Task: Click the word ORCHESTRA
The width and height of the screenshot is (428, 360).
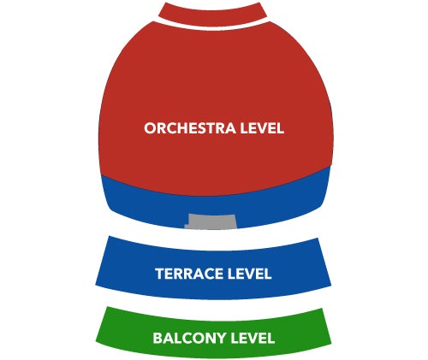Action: (x=190, y=128)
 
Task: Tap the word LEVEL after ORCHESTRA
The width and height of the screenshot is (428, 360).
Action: (x=262, y=128)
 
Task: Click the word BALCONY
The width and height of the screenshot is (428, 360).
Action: (x=189, y=338)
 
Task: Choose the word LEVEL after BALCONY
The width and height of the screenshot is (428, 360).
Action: (x=253, y=338)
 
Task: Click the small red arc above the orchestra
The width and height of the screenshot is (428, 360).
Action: (x=212, y=15)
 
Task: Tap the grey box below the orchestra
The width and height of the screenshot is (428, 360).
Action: (x=211, y=221)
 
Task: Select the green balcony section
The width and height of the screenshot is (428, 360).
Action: (x=213, y=333)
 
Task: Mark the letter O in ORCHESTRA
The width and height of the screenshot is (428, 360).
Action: (x=151, y=128)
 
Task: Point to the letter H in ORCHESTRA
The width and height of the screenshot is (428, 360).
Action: (x=184, y=128)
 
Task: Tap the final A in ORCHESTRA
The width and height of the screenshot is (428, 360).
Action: (x=229, y=128)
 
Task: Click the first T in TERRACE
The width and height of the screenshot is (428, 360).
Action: (x=160, y=274)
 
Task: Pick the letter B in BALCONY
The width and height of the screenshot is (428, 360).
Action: (x=158, y=338)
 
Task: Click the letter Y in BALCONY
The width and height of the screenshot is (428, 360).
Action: (x=221, y=338)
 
